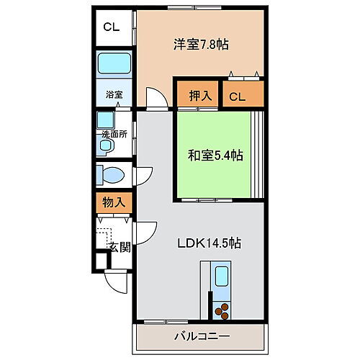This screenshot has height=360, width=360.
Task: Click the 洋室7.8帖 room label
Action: point(201,45)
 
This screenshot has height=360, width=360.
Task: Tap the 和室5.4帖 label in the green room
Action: point(215,156)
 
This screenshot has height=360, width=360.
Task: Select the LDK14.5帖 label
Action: point(209,243)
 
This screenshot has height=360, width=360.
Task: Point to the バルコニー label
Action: point(202,336)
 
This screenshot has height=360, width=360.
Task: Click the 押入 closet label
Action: point(200,96)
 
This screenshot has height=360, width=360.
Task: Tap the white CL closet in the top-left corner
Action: point(112,27)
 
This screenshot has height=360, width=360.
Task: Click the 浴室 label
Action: point(114,94)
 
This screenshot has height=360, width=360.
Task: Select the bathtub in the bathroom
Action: point(114,63)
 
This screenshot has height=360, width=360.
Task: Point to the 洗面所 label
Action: point(114,135)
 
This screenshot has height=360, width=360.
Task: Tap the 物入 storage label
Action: point(114,202)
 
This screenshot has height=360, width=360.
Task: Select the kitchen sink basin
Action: point(222,276)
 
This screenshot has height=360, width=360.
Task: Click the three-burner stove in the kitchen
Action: point(222,311)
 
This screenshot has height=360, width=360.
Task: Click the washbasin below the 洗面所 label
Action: point(106,145)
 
